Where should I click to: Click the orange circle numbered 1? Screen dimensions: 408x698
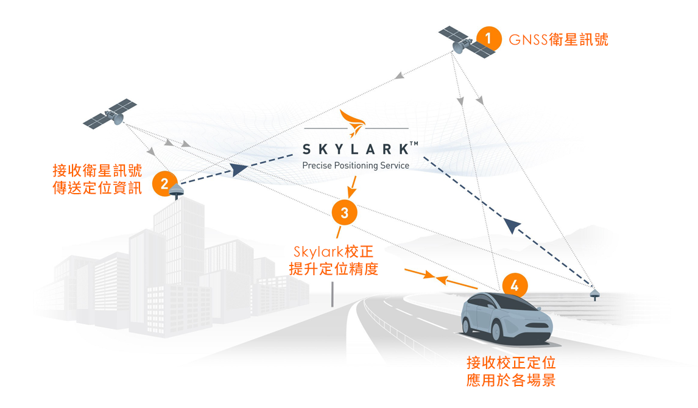[488, 38]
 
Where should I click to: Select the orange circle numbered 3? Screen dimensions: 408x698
[345, 213]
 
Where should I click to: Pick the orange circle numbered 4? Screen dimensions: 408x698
[515, 285]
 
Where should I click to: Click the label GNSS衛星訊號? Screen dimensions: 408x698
[559, 40]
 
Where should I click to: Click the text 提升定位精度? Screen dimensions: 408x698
[333, 269]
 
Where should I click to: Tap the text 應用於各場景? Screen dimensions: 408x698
[510, 381]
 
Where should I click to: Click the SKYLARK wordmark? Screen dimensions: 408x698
[356, 148]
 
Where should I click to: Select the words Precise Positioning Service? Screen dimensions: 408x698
[356, 166]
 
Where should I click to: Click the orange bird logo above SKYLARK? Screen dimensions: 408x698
[354, 122]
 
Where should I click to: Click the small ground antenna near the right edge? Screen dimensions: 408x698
[595, 295]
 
